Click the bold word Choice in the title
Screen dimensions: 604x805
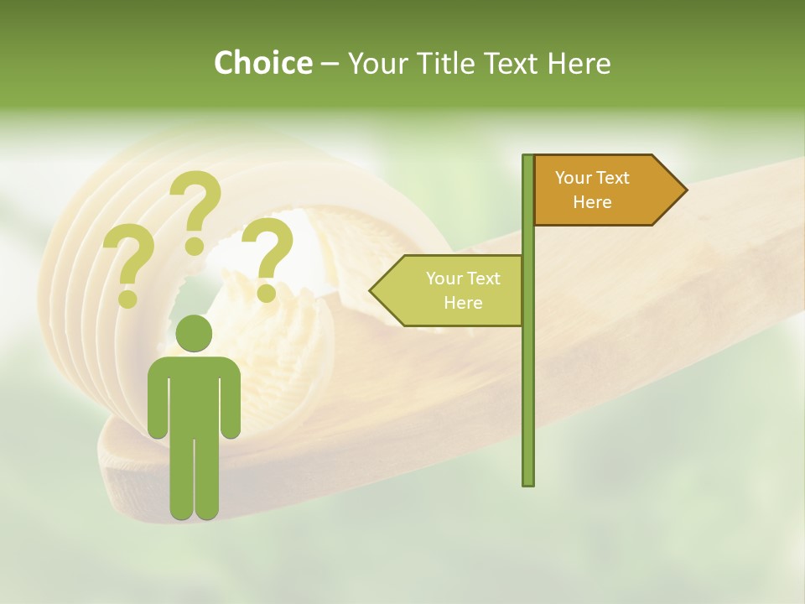click(x=262, y=63)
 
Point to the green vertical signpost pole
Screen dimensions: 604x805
click(x=528, y=377)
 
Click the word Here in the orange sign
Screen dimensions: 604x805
click(x=592, y=202)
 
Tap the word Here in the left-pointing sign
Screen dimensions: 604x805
click(x=463, y=303)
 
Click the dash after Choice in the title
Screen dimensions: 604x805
click(x=330, y=65)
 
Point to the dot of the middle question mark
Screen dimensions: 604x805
click(x=195, y=246)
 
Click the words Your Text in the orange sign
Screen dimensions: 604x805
click(x=592, y=178)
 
